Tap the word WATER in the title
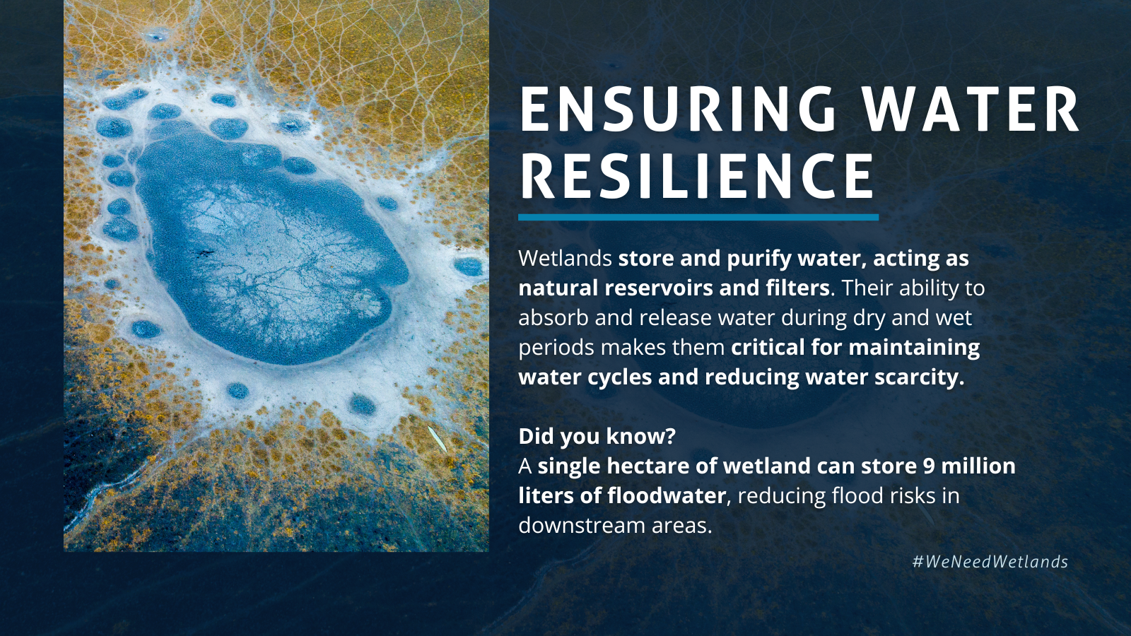pos(971,110)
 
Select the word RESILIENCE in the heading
pos(698,176)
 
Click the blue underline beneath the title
pos(698,217)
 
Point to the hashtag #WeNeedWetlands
pos(990,562)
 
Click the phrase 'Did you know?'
pos(597,436)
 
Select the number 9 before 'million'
pos(929,466)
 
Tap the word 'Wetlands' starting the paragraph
pos(565,258)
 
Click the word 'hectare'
pos(648,466)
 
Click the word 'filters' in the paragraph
pos(797,288)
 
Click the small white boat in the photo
pos(438,439)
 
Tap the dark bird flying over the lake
pos(204,252)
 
